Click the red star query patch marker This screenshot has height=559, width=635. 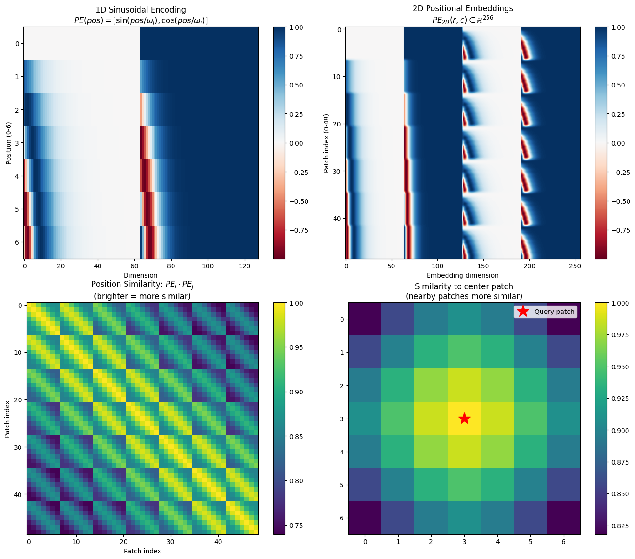tap(464, 419)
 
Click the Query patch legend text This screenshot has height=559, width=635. tap(554, 312)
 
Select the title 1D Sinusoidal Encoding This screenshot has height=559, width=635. tap(140, 10)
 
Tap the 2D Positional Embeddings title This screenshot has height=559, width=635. tap(463, 8)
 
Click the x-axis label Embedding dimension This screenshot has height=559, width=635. tap(462, 275)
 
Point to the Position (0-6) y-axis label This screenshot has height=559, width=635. tap(8, 143)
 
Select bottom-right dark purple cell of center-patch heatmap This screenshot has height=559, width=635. tap(563, 518)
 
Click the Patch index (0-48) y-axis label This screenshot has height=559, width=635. tap(327, 143)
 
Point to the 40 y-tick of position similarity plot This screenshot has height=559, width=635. tap(17, 494)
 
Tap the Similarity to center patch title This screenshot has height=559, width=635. tap(464, 286)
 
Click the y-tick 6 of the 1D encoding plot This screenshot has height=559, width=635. tap(17, 242)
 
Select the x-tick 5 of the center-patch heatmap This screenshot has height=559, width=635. tap(530, 542)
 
